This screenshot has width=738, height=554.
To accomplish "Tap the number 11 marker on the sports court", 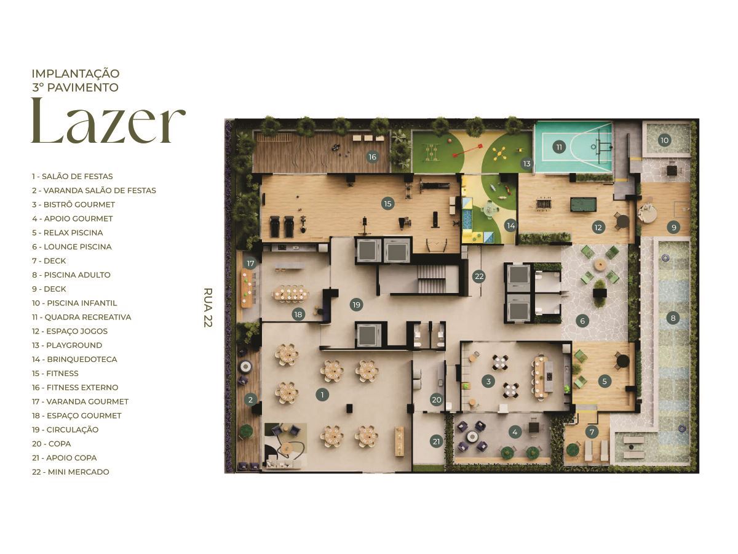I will (558, 147).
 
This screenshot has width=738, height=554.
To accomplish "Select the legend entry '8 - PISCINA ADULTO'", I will (71, 275).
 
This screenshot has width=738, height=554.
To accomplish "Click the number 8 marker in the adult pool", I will (673, 318).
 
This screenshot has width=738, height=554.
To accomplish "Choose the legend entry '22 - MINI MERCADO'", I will (71, 472).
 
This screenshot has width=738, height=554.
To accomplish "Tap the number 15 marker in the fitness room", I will (387, 203).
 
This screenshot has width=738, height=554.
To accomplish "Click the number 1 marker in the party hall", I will (322, 395).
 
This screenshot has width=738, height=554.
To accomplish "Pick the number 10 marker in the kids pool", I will (664, 140).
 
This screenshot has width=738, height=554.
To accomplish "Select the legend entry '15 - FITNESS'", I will (55, 373).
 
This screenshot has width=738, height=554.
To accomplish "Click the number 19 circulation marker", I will (356, 304).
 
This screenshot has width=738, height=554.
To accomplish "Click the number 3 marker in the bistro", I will (488, 382).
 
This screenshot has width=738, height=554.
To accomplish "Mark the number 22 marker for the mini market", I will (479, 276).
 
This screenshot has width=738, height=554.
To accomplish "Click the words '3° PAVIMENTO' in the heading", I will (75, 87).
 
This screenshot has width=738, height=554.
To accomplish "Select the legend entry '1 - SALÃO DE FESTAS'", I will (73, 176).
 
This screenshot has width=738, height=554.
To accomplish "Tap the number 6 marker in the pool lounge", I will (582, 321).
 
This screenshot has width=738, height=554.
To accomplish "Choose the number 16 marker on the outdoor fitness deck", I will (372, 157).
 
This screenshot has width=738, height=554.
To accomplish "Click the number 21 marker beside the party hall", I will (436, 441).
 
